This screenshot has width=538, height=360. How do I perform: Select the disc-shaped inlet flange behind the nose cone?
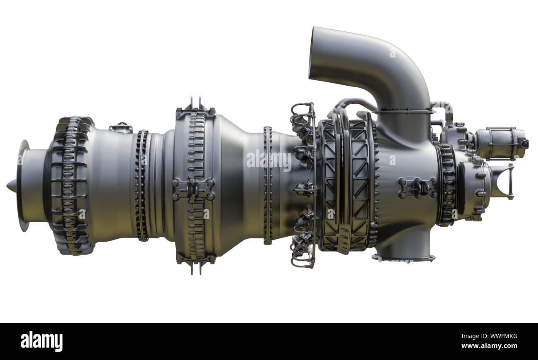(22, 185)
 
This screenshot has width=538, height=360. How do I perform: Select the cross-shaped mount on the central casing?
(194, 190)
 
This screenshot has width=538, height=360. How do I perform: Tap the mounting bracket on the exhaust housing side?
(417, 187)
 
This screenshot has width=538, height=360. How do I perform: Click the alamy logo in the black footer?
(41, 341)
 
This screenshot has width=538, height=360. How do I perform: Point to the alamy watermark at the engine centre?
(269, 161)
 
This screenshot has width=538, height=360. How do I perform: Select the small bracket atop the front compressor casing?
(120, 128)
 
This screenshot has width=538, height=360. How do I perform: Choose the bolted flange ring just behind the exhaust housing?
(447, 185)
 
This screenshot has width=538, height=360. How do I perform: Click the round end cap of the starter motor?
(524, 144)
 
